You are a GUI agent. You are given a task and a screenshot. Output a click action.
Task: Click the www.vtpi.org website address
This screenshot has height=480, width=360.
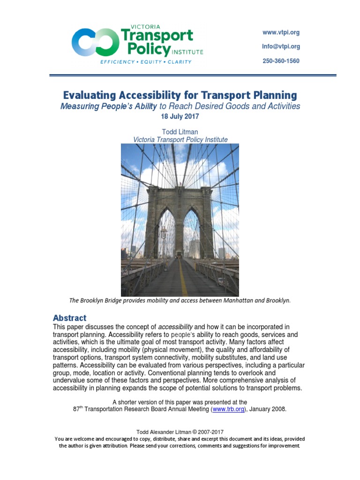pos(281,33)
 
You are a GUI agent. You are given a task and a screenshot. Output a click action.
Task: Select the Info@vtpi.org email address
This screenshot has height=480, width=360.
pos(281,47)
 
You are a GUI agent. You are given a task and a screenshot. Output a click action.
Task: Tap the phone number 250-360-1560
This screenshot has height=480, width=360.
pos(281,61)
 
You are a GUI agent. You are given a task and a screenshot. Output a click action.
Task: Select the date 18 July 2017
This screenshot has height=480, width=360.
pos(180,116)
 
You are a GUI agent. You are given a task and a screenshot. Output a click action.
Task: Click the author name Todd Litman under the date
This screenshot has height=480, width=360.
pos(180,132)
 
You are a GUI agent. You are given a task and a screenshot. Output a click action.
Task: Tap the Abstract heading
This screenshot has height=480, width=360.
pos(69,318)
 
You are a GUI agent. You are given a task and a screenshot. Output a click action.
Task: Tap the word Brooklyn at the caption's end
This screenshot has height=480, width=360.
pos(278,300)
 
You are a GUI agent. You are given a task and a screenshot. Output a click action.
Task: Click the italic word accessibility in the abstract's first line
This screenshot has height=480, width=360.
pos(175,327)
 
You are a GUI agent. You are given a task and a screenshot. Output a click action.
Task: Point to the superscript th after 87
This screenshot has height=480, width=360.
pos(84,407)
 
